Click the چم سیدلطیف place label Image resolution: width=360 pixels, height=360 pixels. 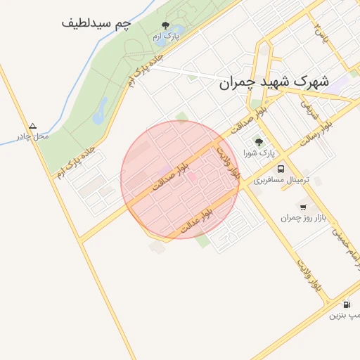[96, 23]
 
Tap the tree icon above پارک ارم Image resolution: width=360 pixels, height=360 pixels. [166, 25]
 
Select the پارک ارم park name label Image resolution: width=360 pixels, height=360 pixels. [167, 36]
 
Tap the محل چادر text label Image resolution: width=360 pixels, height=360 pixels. [33, 136]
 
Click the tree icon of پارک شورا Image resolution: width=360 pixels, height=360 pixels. [259, 142]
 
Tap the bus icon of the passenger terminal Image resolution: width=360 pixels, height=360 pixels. [281, 169]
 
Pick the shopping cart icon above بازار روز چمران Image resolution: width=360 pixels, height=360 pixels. [303, 207]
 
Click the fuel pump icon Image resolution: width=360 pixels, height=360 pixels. [346, 304]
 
